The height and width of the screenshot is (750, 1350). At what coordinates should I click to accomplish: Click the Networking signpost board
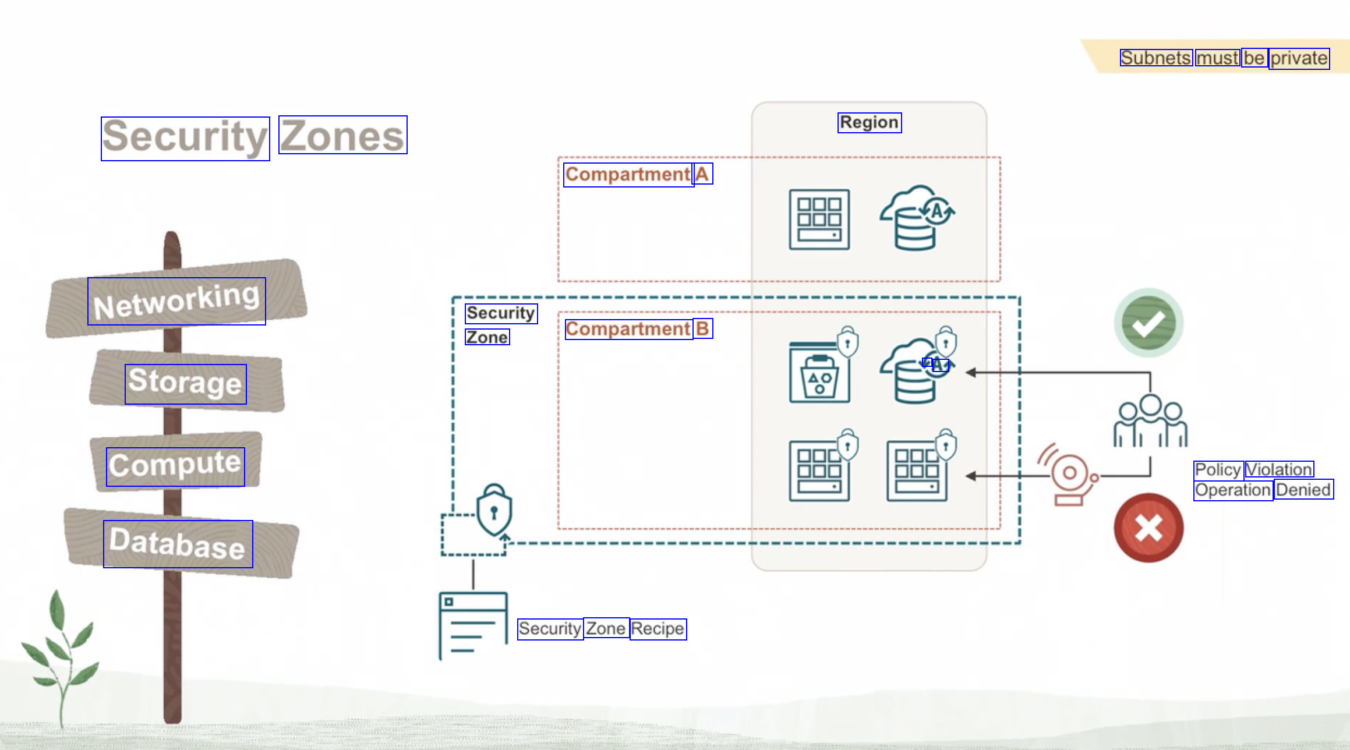coord(176,300)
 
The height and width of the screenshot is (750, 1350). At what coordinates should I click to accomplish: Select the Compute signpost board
coord(175,465)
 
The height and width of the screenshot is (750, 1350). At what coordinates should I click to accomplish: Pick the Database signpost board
coord(178,543)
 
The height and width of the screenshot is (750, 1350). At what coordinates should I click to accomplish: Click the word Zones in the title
coord(342,136)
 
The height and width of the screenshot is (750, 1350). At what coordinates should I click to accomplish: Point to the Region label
coord(869,122)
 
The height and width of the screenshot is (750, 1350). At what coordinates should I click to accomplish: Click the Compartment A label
coord(638,174)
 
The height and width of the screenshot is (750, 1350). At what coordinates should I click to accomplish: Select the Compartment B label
coord(638,329)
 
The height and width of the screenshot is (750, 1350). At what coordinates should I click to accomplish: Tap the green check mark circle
coord(1148,323)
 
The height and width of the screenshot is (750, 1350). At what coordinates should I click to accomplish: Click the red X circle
coord(1148,528)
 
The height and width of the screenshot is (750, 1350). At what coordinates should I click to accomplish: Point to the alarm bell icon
coord(1069,475)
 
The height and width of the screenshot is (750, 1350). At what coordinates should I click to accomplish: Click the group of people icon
coord(1150,422)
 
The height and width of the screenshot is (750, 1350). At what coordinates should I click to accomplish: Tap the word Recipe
coord(658,629)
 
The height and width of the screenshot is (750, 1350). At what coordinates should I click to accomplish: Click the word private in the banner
coord(1299,58)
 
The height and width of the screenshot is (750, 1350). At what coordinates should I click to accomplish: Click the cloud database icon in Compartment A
coord(916,218)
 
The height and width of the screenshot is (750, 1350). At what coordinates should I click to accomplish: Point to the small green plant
coord(60,652)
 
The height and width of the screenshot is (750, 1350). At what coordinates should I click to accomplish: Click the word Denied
coord(1303,490)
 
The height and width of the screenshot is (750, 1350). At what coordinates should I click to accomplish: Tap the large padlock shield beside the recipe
coord(494,510)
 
